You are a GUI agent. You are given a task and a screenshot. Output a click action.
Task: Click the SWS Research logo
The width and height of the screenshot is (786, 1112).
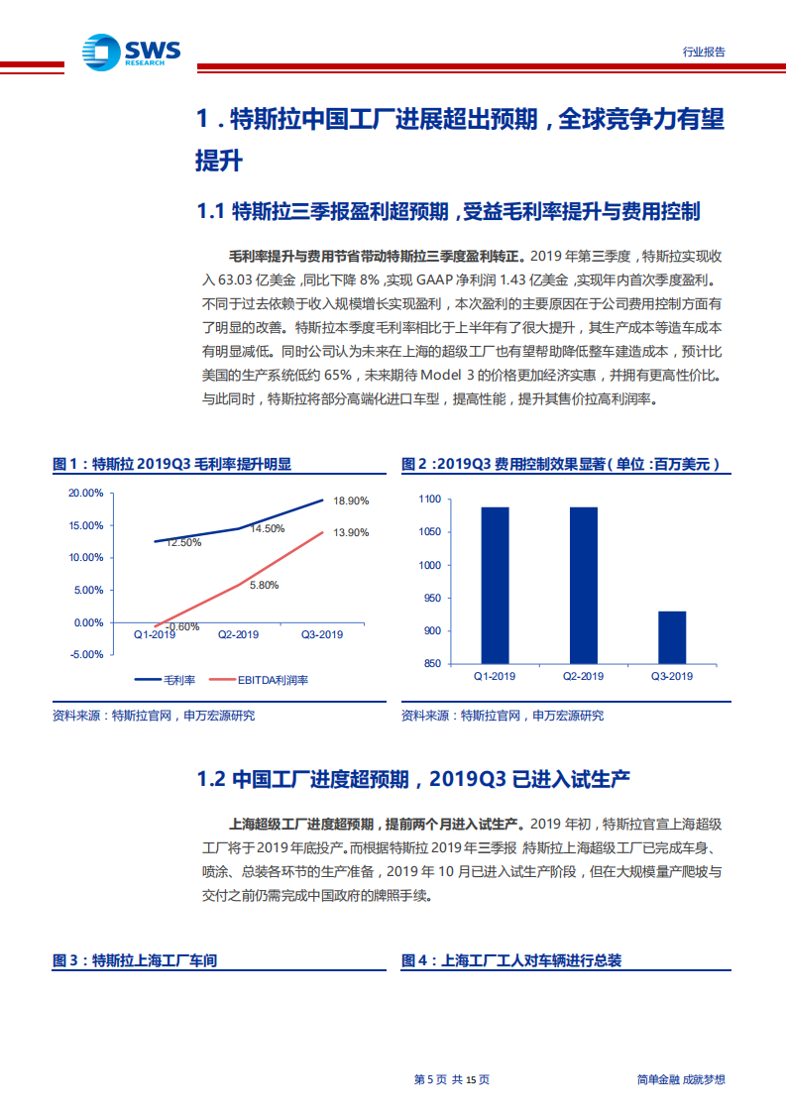132,51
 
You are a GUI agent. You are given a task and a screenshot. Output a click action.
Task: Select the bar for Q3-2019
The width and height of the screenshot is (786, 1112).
671,636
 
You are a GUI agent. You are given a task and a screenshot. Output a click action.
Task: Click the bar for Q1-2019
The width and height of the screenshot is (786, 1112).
496,585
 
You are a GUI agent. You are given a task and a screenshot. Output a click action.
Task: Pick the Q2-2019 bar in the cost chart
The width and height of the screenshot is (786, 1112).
584,585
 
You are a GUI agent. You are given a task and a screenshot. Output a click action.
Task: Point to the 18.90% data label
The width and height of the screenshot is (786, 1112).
351,501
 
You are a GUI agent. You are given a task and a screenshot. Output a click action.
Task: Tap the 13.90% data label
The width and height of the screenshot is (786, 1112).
351,533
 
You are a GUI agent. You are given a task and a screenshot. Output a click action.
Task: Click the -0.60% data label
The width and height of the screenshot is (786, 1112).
182,626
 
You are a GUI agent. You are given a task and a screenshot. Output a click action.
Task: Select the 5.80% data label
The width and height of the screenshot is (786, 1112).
263,585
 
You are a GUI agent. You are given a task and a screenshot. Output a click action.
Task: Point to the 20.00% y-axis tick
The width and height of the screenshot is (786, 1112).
86,493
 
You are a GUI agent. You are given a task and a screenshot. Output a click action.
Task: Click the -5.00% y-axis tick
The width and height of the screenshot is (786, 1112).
86,655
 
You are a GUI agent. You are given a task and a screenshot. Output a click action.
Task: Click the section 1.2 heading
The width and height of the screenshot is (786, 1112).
413,778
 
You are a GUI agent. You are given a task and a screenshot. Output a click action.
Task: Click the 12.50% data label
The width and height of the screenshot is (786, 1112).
183,542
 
